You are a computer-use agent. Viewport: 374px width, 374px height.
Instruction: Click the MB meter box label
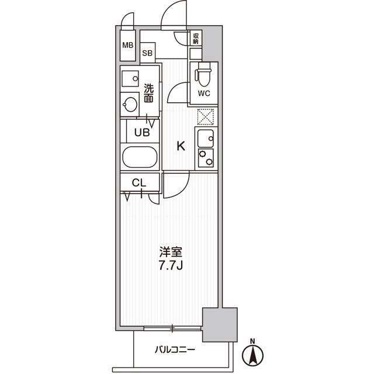pyautogui.click(x=128, y=45)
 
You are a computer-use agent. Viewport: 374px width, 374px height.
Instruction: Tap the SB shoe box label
pyautogui.click(x=147, y=53)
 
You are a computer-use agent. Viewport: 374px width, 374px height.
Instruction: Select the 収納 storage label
pyautogui.click(x=196, y=39)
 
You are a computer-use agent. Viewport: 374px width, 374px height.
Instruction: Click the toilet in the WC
pyautogui.click(x=203, y=74)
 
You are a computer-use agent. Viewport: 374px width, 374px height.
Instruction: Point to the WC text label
pyautogui.click(x=204, y=93)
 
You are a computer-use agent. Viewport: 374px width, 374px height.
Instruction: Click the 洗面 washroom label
pyautogui.click(x=148, y=93)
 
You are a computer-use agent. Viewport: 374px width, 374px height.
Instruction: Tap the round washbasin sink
pyautogui.click(x=130, y=104)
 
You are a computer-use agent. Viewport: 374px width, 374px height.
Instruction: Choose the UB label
pyautogui.click(x=142, y=133)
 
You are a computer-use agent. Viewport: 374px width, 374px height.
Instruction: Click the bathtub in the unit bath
pyautogui.click(x=140, y=157)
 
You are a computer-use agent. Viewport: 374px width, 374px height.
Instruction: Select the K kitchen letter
pyautogui.click(x=181, y=146)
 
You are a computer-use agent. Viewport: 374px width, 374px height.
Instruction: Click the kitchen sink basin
pyautogui.click(x=206, y=138)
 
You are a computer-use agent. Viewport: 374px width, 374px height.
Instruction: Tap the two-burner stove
pyautogui.click(x=206, y=158)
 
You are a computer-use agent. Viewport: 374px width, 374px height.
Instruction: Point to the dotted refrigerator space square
pyautogui.click(x=206, y=117)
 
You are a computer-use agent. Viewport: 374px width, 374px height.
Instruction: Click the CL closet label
pyautogui.click(x=139, y=183)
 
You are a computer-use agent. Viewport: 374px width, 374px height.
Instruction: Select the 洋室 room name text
pyautogui.click(x=171, y=252)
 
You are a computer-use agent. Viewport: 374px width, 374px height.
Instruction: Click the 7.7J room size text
pyautogui.click(x=171, y=266)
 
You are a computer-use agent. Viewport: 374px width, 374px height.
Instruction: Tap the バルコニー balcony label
pyautogui.click(x=175, y=350)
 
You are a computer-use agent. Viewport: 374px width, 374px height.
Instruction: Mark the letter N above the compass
pyautogui.click(x=252, y=341)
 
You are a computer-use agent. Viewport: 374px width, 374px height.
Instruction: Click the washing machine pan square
pyautogui.click(x=130, y=79)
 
